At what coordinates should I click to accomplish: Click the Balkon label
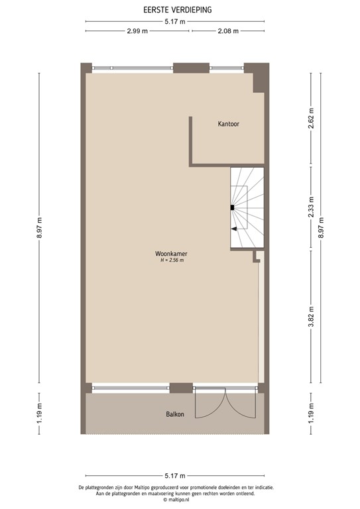pyautogui.click(x=175, y=414)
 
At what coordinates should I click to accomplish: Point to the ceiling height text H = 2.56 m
pyautogui.click(x=171, y=260)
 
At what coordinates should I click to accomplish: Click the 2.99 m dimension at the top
pyautogui.click(x=137, y=31)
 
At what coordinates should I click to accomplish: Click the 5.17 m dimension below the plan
pyautogui.click(x=174, y=476)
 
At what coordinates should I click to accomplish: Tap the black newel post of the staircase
pyautogui.click(x=232, y=207)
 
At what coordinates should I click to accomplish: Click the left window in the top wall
pyautogui.click(x=133, y=68)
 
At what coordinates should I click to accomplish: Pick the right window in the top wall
pyautogui.click(x=227, y=68)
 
